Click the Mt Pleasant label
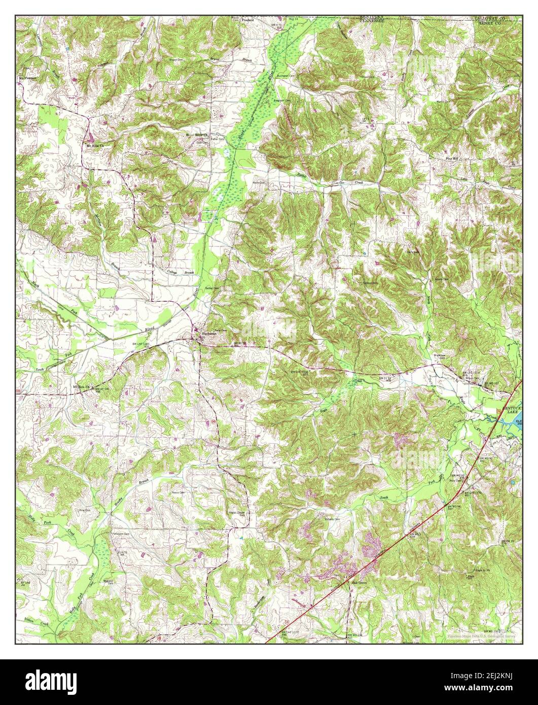pos(28,78)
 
